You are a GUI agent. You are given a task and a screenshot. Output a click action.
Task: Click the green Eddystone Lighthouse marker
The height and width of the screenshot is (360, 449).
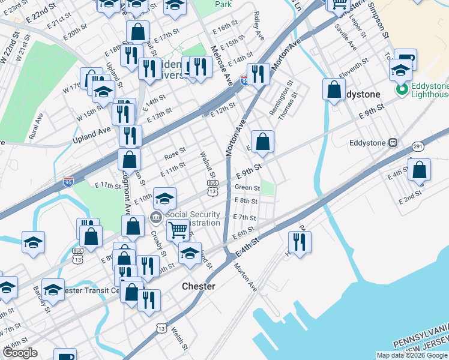point(401,90)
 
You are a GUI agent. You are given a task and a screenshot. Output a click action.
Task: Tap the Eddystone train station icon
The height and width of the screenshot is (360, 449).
point(393,143)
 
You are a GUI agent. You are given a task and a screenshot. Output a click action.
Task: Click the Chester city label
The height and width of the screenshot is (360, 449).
point(198,286)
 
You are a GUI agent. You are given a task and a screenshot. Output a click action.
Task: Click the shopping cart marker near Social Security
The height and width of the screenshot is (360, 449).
point(178,229)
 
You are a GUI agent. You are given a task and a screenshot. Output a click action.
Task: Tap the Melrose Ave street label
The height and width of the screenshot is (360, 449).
point(222,65)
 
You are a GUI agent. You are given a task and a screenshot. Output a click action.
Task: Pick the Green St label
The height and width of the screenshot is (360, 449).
point(247,188)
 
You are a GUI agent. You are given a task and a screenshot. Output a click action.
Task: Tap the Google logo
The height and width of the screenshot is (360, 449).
point(20,353)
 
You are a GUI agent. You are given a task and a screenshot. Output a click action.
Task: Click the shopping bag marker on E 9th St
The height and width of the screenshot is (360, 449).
point(262,142)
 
